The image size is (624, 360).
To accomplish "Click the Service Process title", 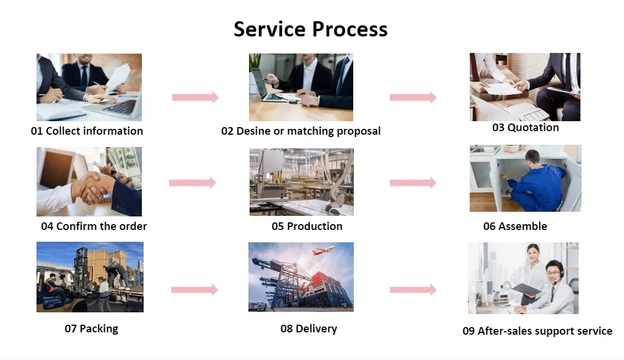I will [311, 29].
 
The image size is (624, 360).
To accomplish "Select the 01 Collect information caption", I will [87, 131].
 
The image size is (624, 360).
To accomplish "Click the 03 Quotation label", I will [525, 128].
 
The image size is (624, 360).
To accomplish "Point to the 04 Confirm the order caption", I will [94, 226].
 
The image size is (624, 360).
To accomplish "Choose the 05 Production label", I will [307, 226].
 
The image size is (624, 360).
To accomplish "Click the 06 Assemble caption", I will [515, 226].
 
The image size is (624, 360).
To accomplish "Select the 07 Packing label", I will [91, 328].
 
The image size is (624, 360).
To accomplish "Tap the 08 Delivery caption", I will [308, 328].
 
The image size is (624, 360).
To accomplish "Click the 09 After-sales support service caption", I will [537, 331].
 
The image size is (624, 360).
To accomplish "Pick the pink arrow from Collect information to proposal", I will [195, 97].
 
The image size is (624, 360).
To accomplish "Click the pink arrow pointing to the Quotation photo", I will [413, 97].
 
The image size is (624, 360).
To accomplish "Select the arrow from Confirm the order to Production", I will [192, 183].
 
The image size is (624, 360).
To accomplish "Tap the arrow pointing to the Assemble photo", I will [413, 183].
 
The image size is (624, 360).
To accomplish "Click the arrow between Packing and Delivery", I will [194, 289].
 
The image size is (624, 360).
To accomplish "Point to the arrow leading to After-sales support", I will [413, 289].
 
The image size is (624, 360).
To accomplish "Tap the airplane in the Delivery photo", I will [324, 251].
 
